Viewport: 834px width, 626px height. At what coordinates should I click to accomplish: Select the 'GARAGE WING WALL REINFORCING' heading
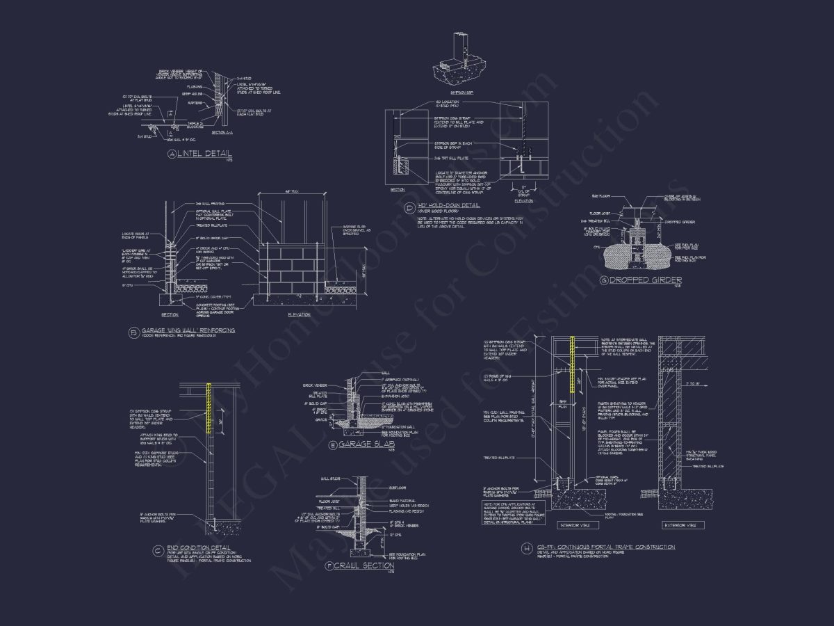188,330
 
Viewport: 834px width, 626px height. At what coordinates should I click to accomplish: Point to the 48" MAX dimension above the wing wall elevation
292,193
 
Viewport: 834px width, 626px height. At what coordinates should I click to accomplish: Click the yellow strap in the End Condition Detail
209,409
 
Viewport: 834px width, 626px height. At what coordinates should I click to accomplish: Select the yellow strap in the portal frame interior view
573,362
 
